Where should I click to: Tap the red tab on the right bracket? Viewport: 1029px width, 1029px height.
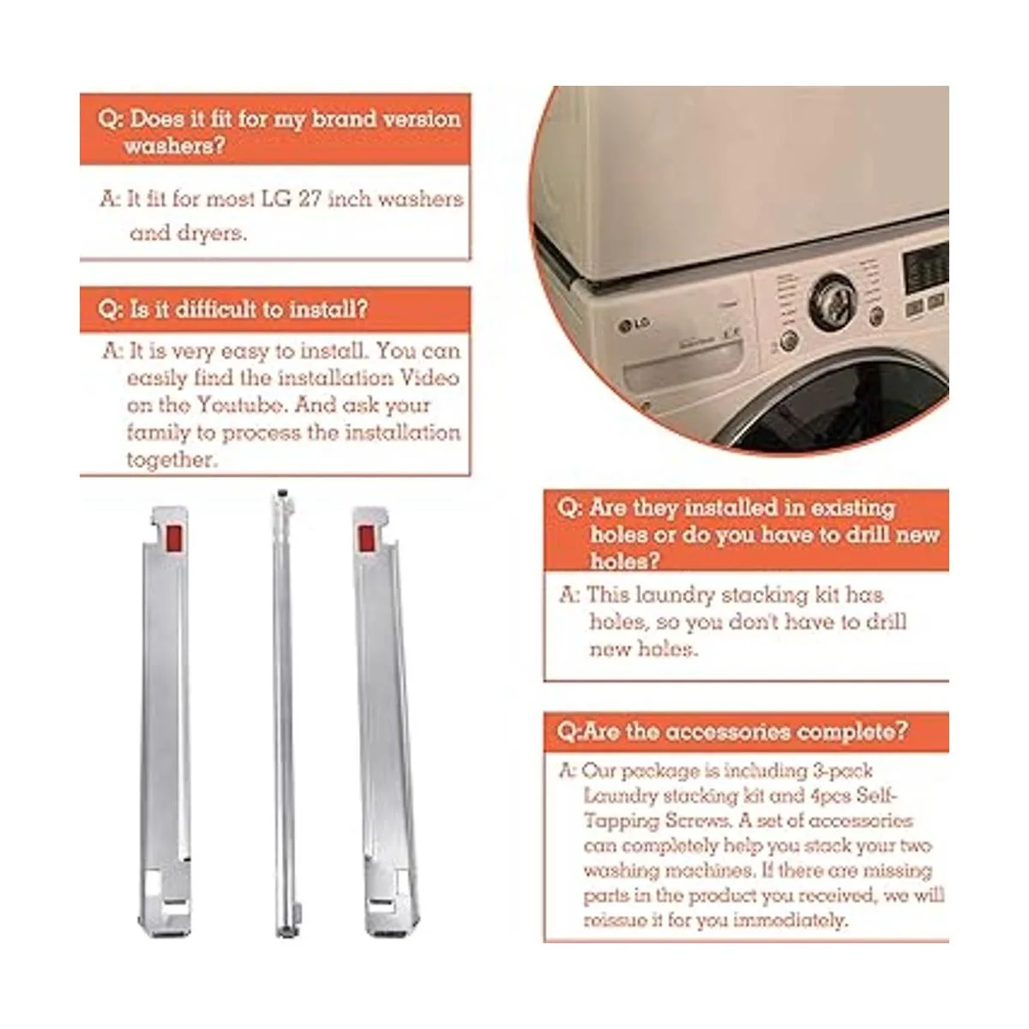click(x=366, y=539)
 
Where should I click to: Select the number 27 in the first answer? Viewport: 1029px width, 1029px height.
click(x=310, y=199)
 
